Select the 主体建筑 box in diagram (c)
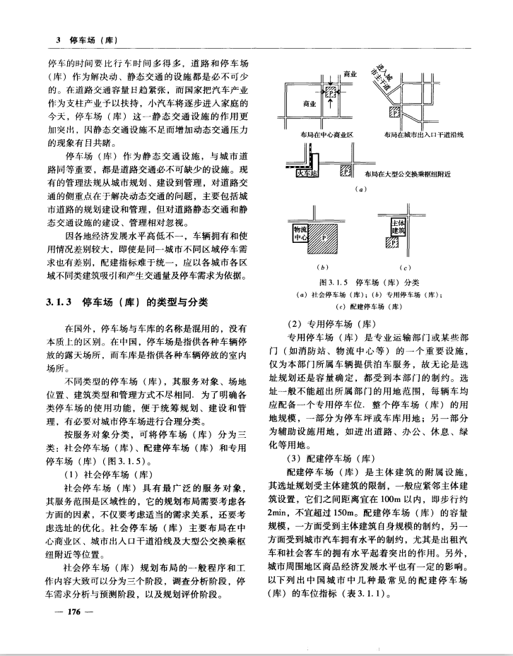[400, 227]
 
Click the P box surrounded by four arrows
[330, 91]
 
